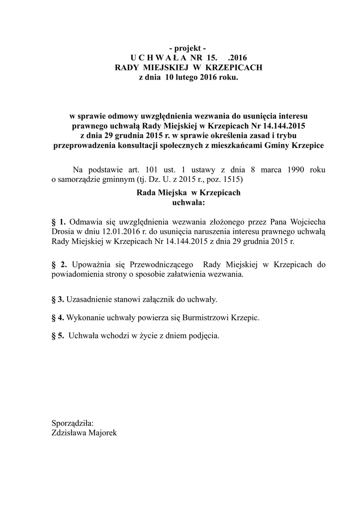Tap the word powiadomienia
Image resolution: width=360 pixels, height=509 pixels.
tap(77, 274)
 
